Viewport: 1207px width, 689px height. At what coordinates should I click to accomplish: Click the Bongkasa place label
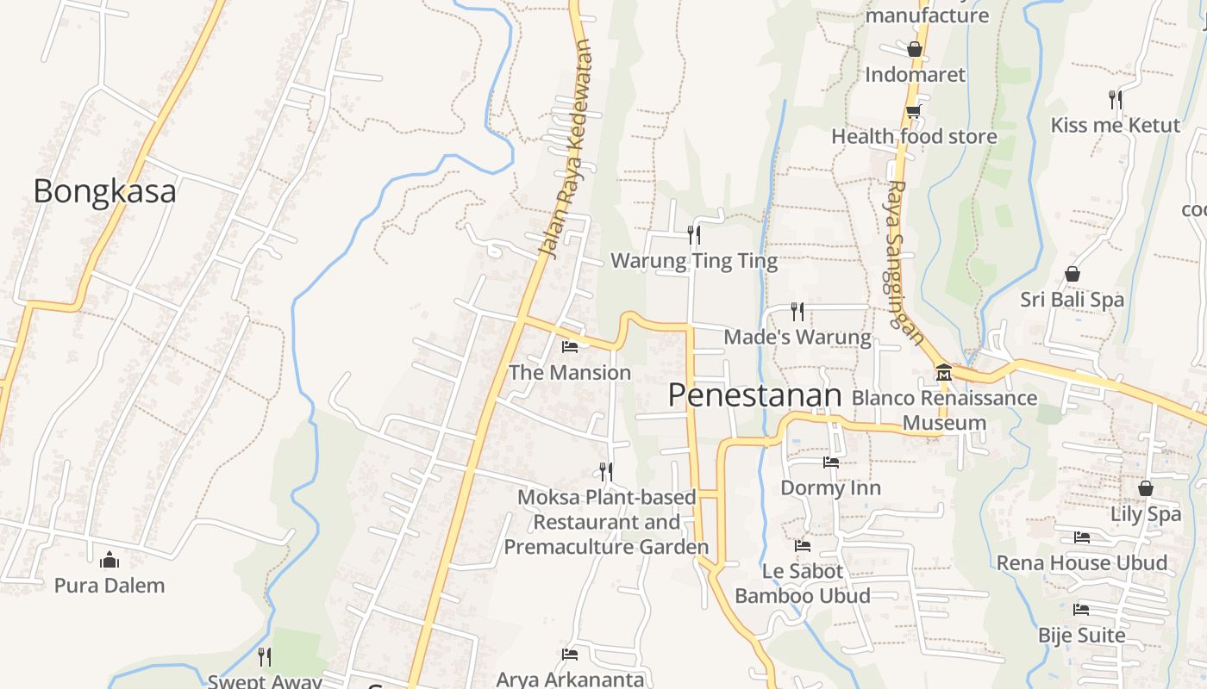[x=104, y=190]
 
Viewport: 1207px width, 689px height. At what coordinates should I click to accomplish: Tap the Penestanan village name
[x=754, y=394]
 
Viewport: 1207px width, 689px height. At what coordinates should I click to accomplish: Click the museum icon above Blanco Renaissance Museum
[x=944, y=373]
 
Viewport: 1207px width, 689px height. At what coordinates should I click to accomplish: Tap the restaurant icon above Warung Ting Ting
[x=693, y=234]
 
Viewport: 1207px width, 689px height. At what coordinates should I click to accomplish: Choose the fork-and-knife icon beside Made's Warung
[x=797, y=311]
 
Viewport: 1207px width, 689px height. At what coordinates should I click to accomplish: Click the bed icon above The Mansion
[x=570, y=347]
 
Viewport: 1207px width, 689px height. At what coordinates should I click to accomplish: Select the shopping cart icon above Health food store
[x=913, y=111]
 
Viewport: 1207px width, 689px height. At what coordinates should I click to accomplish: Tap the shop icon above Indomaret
[x=915, y=49]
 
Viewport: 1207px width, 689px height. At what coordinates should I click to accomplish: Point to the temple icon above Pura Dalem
[x=109, y=561]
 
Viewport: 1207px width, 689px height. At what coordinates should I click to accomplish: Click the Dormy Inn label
[x=830, y=488]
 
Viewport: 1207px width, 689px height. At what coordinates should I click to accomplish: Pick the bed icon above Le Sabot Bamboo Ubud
[x=803, y=546]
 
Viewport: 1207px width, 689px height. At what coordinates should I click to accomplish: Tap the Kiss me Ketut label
[x=1115, y=125]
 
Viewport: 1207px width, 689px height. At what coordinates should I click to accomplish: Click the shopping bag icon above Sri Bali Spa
[x=1073, y=274]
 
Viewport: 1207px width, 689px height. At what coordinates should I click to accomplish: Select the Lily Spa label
[x=1145, y=514]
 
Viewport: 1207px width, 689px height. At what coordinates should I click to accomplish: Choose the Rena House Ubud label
[x=1082, y=563]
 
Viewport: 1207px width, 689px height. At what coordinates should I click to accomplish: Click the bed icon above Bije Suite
[x=1081, y=610]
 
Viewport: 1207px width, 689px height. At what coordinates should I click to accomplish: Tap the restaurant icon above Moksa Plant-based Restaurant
[x=606, y=471]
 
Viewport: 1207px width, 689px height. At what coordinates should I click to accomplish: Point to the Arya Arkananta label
[x=570, y=680]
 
